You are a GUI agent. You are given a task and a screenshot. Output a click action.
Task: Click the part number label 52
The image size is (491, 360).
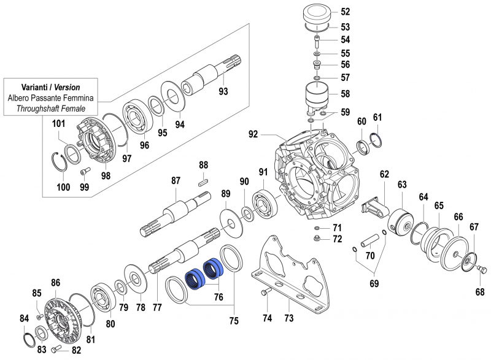pyautogui.click(x=345, y=12)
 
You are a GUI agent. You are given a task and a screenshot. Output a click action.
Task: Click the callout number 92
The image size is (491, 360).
pyautogui.click(x=253, y=133)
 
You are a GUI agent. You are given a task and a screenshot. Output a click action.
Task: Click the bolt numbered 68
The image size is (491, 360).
pyautogui.click(x=482, y=268)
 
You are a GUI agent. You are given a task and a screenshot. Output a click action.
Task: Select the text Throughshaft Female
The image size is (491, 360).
pyautogui.click(x=51, y=108)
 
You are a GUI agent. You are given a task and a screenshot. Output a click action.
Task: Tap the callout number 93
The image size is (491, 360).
pyautogui.click(x=223, y=91)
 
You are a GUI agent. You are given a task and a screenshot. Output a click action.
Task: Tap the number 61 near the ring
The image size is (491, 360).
pyautogui.click(x=377, y=117)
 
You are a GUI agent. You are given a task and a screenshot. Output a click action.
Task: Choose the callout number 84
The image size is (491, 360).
pyautogui.click(x=24, y=318)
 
